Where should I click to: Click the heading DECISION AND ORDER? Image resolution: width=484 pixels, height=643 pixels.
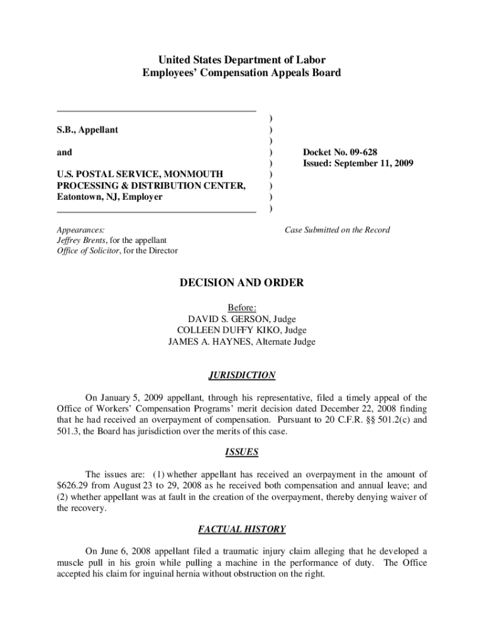[x=241, y=283]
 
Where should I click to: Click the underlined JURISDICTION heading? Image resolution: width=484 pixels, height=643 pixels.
[x=241, y=376]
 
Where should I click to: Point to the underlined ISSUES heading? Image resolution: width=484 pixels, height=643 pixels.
[x=241, y=452]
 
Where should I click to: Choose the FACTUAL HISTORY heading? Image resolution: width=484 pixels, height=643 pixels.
[x=241, y=529]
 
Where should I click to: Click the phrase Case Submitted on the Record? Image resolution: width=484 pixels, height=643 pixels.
[x=337, y=230]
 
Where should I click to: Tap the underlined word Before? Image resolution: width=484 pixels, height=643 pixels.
[x=241, y=308]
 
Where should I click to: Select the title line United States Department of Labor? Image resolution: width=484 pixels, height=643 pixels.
[x=241, y=60]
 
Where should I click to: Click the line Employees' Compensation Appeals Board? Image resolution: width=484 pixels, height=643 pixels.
[x=241, y=73]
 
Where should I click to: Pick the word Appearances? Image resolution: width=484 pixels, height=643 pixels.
[x=80, y=230]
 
